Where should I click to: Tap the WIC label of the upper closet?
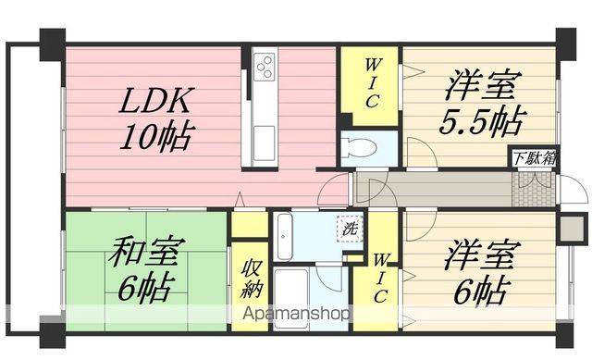click(370, 84)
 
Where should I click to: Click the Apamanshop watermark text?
click(295, 315)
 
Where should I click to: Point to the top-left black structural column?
click(52, 43)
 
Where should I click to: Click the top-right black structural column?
click(565, 42)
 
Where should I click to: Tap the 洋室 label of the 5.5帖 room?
click(480, 84)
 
